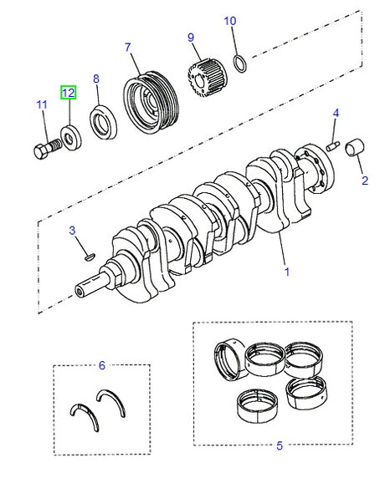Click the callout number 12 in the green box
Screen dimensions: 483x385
pos(68,93)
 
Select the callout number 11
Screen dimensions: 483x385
pos(41,104)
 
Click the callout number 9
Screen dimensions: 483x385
pos(190,37)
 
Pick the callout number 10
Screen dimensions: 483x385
pos(231,20)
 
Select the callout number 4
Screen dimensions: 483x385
pos(336,112)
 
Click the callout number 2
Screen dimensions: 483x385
pos(365,180)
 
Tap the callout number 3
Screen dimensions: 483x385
pos(72,230)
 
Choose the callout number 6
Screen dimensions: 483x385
pos(101,364)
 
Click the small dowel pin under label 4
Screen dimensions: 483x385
pos(332,145)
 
